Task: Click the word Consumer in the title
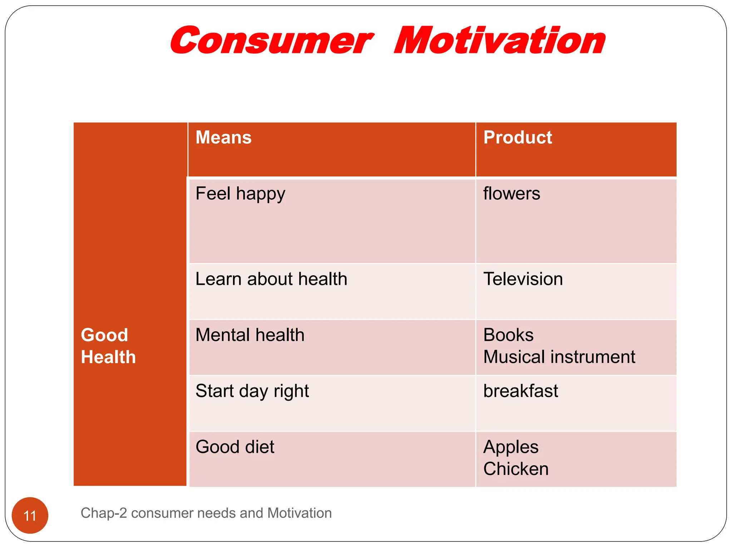point(272,41)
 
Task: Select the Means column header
point(223,138)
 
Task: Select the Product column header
point(518,138)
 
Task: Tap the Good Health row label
point(108,346)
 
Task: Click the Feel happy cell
point(240,194)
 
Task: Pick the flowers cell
point(511,193)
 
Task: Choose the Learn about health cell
point(271,279)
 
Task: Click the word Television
point(523,279)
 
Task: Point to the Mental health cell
point(250,335)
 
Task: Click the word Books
point(508,335)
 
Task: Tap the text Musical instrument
point(559,357)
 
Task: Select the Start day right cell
point(252,391)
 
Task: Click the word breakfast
point(520,391)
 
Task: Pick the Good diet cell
point(235,447)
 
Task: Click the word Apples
point(511,447)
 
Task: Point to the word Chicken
point(516,469)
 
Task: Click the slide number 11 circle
point(30,515)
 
